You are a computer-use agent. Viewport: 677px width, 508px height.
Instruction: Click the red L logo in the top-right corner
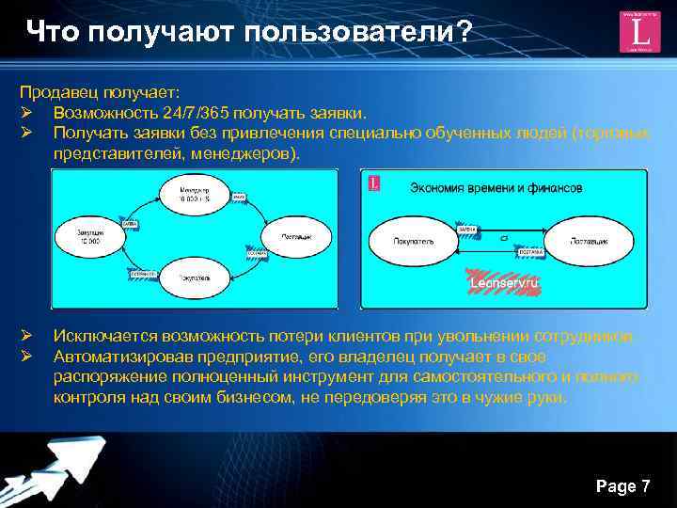tap(639, 32)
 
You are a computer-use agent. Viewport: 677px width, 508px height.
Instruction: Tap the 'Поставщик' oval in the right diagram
tap(589, 241)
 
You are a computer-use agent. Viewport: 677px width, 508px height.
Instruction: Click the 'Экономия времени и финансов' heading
tap(496, 187)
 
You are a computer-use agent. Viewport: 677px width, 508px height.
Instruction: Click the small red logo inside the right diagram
tap(375, 183)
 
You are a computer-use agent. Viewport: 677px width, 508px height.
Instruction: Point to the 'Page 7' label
tap(622, 485)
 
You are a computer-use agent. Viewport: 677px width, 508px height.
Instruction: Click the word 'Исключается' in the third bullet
tap(104, 337)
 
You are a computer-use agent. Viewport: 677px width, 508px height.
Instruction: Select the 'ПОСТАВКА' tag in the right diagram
tap(528, 251)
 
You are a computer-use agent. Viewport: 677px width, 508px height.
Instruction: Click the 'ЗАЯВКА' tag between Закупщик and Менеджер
tap(132, 223)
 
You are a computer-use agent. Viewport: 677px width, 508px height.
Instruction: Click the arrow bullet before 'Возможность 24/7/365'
tap(26, 113)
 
